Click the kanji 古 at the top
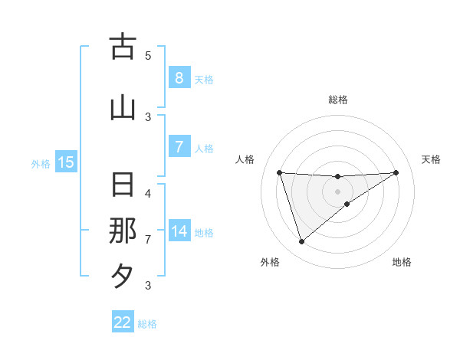click(123, 47)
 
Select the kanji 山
click(123, 108)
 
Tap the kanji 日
click(123, 185)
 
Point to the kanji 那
click(123, 231)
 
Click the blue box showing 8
click(179, 77)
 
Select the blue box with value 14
click(179, 231)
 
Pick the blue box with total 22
click(123, 322)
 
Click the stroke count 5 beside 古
click(148, 55)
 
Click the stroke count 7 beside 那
click(148, 239)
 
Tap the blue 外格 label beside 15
click(40, 163)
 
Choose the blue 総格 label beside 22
click(148, 324)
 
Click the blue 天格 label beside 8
click(204, 79)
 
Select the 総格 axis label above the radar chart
click(337, 100)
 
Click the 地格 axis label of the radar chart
click(402, 262)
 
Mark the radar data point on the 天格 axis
click(396, 172)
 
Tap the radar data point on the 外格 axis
click(301, 242)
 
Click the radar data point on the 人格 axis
click(279, 172)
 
